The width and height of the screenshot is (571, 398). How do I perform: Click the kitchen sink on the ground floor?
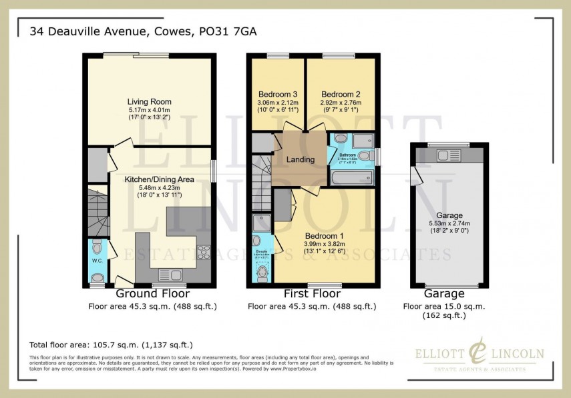point(169,273)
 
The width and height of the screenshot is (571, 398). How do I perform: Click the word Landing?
point(301,160)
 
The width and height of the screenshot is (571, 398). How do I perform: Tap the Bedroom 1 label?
point(324,236)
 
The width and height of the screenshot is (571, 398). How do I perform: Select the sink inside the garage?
point(445,156)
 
